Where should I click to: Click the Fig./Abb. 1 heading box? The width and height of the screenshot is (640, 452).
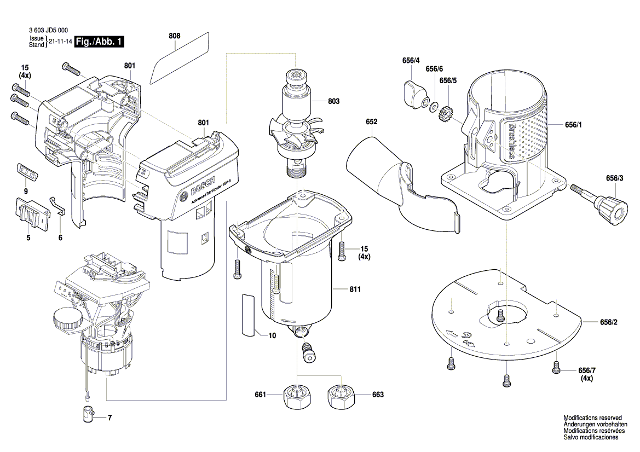pos(99,42)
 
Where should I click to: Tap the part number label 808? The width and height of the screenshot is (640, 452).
pos(174,36)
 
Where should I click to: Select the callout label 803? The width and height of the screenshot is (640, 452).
pos(334,101)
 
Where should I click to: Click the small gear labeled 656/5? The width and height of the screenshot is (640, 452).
pos(446,115)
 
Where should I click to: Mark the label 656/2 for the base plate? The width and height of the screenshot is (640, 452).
pos(609,323)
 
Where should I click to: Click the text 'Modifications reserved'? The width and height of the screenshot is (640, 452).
pos(591,417)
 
